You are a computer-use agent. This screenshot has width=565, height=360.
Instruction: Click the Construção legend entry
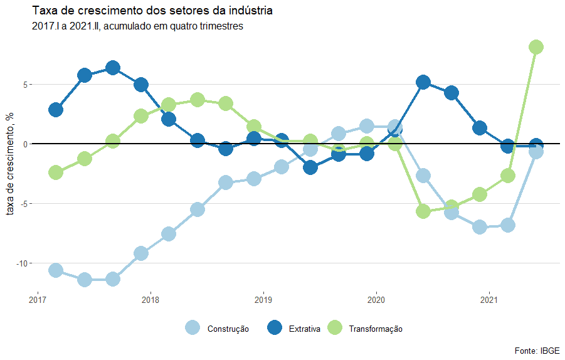click(x=228, y=329)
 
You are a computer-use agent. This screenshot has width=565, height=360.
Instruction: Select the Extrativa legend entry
click(x=304, y=329)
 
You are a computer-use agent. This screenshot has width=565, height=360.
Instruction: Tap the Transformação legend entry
click(x=375, y=329)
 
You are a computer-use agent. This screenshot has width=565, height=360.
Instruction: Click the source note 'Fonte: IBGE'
click(x=537, y=350)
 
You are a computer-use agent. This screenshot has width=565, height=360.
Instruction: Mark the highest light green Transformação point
click(x=536, y=47)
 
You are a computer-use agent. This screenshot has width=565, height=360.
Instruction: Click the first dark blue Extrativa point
click(x=55, y=110)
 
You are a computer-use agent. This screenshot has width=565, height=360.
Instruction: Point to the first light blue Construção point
click(x=55, y=270)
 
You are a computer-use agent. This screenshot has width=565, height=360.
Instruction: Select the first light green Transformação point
click(x=55, y=172)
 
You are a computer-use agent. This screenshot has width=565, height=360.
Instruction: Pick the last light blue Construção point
click(x=536, y=151)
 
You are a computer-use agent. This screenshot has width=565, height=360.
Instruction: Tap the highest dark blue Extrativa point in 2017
click(x=113, y=68)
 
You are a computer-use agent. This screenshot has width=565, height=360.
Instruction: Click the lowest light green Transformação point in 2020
click(x=423, y=211)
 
